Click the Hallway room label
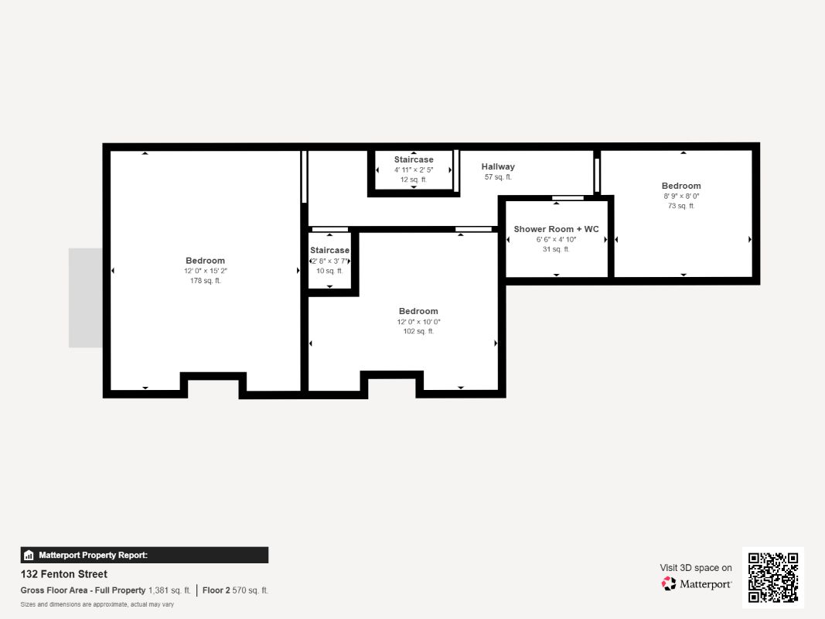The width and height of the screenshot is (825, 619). pos(498,166)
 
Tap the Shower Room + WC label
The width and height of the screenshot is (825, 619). pos(556,229)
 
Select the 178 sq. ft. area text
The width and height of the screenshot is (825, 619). pos(205,281)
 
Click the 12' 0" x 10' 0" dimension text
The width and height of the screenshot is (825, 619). pos(418,321)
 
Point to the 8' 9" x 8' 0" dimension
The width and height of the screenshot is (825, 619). pos(681,196)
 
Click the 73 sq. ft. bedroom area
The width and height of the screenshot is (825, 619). pos(681,206)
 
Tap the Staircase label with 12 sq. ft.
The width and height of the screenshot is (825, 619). pos(414,159)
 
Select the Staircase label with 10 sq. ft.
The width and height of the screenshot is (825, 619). pos(329,251)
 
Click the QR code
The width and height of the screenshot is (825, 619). pos(773,577)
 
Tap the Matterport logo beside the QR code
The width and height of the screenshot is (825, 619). pos(697,584)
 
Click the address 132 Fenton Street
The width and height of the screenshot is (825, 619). pos(64,574)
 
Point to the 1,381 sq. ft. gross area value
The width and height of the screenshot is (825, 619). pos(169,590)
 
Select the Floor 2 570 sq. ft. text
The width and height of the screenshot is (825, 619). pos(235,590)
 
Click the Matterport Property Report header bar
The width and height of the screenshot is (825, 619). pos(145,555)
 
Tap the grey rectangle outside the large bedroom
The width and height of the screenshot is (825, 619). pos(86,298)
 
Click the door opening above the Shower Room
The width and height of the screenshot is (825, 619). pos(568,199)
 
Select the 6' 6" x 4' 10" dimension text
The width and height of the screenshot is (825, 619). pos(556,239)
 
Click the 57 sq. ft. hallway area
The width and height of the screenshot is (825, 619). pos(498,177)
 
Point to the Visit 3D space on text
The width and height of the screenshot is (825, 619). pos(696,568)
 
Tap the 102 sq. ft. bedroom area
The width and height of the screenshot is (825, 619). pos(418,331)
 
